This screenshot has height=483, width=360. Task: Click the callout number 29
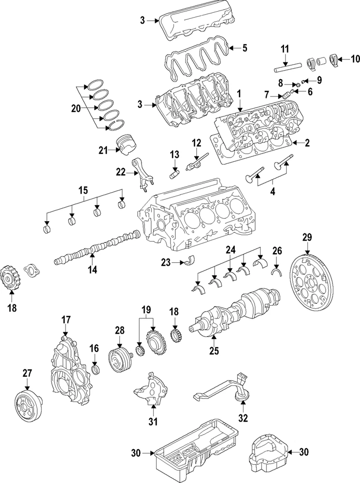pyautogui.click(x=307, y=237)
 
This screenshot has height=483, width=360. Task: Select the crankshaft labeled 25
pyautogui.click(x=237, y=309)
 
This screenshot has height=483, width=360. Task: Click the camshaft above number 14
pyautogui.click(x=97, y=248)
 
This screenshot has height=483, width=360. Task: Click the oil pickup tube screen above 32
pyautogui.click(x=242, y=396)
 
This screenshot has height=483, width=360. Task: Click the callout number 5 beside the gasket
pyautogui.click(x=245, y=48)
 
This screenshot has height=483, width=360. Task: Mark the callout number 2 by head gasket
pyautogui.click(x=306, y=143)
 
